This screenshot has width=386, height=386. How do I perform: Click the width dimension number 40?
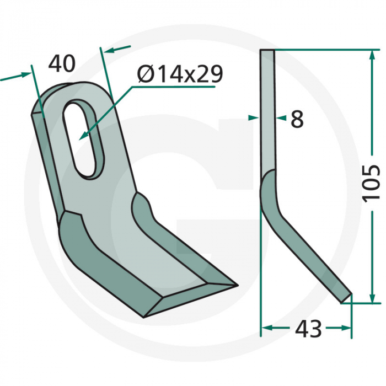coord(61,64)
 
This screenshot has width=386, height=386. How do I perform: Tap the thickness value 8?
coord(297,119)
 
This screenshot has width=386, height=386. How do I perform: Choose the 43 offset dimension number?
coord(308,329)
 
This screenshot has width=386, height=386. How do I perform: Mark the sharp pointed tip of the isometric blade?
coord(235,285)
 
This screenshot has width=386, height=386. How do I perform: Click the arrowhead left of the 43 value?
coord(265,328)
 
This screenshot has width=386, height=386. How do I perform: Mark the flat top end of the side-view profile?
coord(267,51)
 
